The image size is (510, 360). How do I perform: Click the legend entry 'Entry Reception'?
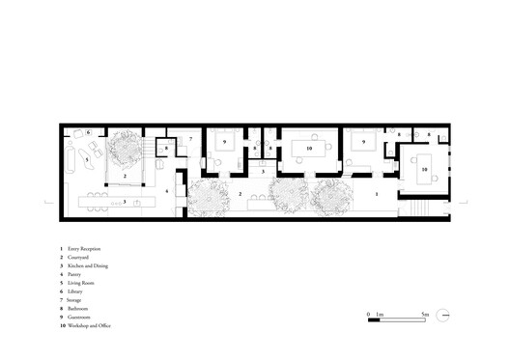click(x=86, y=250)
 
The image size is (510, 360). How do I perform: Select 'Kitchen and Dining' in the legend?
click(x=89, y=268)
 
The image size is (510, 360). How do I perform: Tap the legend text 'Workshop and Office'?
click(x=91, y=327)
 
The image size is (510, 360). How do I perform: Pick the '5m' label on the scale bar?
click(x=425, y=315)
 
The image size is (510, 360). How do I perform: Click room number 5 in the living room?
click(x=86, y=155)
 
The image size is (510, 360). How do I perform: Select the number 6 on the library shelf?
click(x=87, y=132)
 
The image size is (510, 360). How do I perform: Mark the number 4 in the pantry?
click(x=167, y=191)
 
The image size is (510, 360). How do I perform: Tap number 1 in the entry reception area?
click(x=376, y=193)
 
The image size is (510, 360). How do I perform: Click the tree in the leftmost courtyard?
click(x=126, y=151)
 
